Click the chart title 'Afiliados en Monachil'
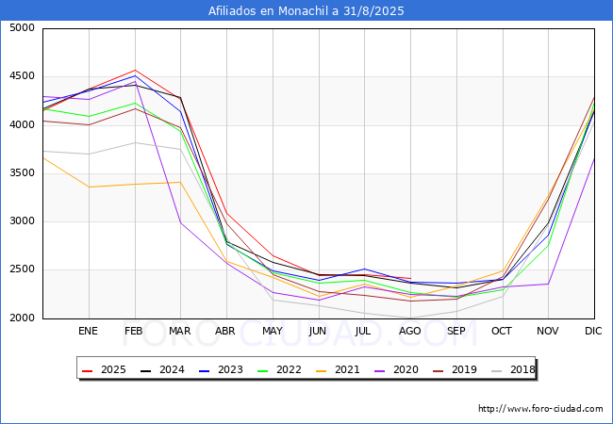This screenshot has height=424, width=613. point(306,10)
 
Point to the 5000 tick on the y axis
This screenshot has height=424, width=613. point(22,28)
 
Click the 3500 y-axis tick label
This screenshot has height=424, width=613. point(22,173)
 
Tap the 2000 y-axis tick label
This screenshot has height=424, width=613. point(22,318)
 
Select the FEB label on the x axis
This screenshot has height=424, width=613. point(134,332)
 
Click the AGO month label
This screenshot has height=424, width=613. point(410,332)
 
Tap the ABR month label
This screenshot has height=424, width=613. point(226,332)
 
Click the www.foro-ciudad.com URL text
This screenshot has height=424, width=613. point(540,409)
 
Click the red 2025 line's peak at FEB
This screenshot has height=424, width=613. point(135,70)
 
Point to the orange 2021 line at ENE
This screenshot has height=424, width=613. point(89,187)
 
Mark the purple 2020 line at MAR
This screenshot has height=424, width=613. point(180,222)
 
